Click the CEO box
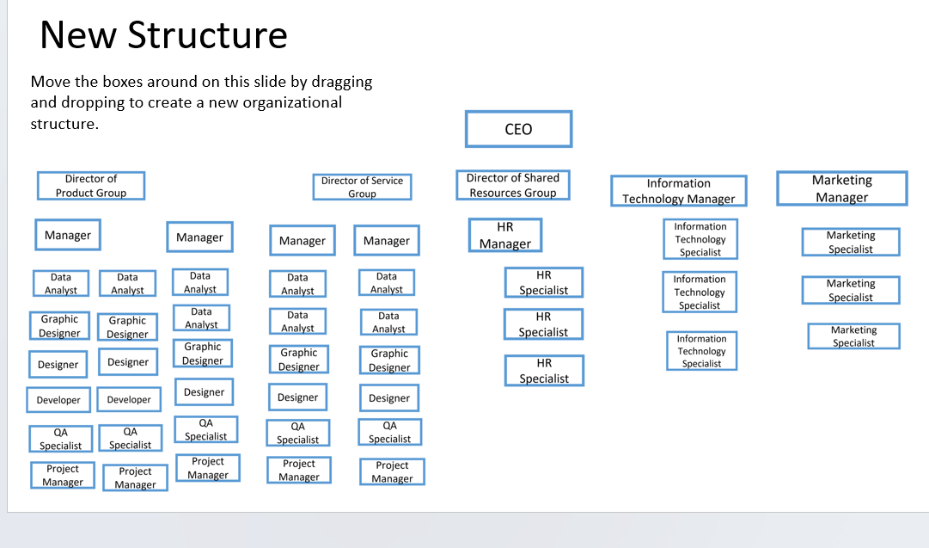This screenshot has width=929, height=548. pyautogui.click(x=518, y=129)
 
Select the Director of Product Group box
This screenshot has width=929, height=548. pyautogui.click(x=91, y=186)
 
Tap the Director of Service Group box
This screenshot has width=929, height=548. pyautogui.click(x=362, y=187)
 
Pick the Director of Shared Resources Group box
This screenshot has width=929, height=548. pyautogui.click(x=513, y=185)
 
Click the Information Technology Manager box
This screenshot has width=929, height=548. pyautogui.click(x=679, y=191)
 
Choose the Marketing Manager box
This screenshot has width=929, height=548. pyautogui.click(x=841, y=188)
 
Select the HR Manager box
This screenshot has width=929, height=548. pyautogui.click(x=505, y=236)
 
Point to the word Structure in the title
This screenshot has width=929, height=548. pyautogui.click(x=207, y=36)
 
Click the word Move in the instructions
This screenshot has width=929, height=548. pyautogui.click(x=51, y=83)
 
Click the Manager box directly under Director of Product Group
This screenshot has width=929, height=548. pyautogui.click(x=68, y=235)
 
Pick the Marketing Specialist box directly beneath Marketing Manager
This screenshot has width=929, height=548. pyautogui.click(x=850, y=242)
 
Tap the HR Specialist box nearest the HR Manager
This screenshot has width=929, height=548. pyautogui.click(x=544, y=282)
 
